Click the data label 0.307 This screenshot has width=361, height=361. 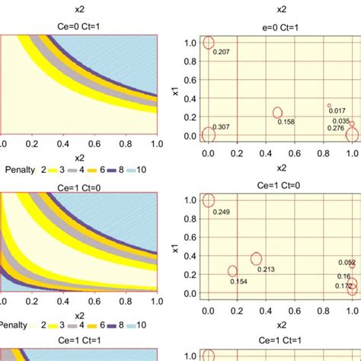coord(222,126)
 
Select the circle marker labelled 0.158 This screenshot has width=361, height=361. coord(279,113)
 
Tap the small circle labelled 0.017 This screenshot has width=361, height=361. coord(329,105)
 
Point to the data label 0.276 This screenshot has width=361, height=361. coord(336,128)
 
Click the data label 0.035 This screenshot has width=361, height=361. coord(342,120)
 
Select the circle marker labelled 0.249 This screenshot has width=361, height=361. coord(209,200)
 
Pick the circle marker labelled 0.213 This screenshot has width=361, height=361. coord(257,259)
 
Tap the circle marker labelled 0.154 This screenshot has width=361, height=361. coord(232,271)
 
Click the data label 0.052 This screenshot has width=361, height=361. coord(347,262)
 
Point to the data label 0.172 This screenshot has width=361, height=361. coord(344,286)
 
